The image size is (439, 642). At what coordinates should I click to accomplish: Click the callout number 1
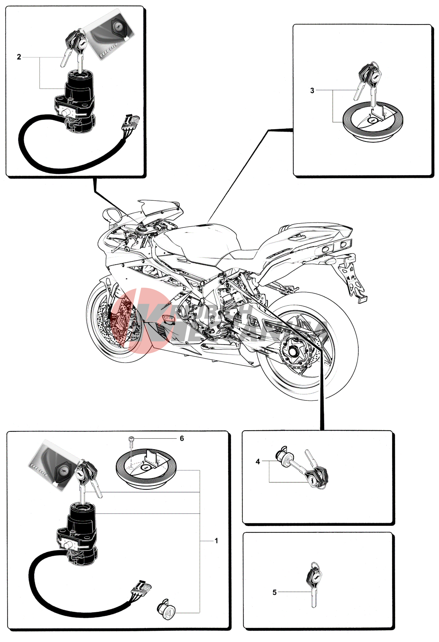click(x=216, y=541)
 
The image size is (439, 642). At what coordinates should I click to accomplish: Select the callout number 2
click(x=19, y=57)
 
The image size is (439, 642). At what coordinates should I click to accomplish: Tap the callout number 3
click(x=312, y=91)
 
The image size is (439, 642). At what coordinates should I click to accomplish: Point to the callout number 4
click(x=258, y=462)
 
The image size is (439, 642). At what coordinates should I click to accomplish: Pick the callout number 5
click(x=274, y=592)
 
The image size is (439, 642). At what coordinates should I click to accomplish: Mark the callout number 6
click(x=182, y=438)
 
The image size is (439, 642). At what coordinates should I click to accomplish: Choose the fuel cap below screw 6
click(x=146, y=467)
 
